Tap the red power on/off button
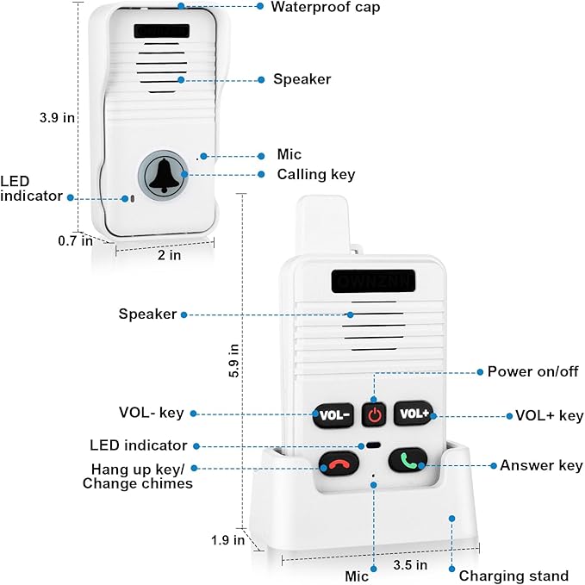[x=374, y=414]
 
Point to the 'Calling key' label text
[x=315, y=174]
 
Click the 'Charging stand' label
[x=513, y=576]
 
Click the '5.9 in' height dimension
[x=233, y=362]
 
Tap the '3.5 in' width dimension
[x=409, y=565]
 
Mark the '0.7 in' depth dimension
[x=75, y=241]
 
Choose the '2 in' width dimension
[x=169, y=255]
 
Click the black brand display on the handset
[x=373, y=281]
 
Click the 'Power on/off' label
[x=532, y=371]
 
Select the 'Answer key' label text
[x=541, y=465]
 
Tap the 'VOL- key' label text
[x=151, y=414]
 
